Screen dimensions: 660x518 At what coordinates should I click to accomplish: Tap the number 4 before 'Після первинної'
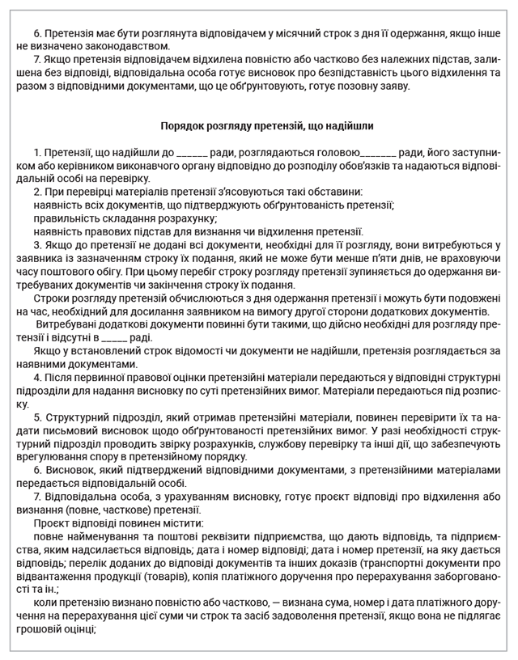[37, 378]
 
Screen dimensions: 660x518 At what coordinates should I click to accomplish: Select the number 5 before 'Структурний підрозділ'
[37, 417]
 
